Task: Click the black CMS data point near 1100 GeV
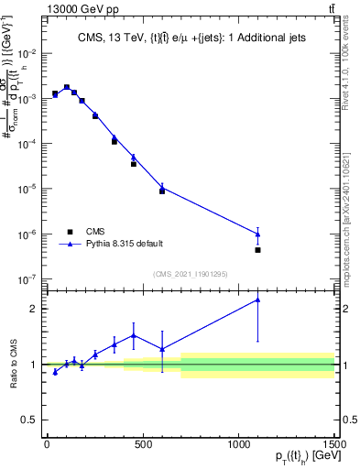coord(258,250)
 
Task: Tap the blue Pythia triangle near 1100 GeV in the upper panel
coord(258,234)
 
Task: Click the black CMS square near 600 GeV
coord(162,191)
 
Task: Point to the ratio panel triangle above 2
coord(258,299)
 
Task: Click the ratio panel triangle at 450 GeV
coord(134,335)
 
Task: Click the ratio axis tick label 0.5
coord(32,420)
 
